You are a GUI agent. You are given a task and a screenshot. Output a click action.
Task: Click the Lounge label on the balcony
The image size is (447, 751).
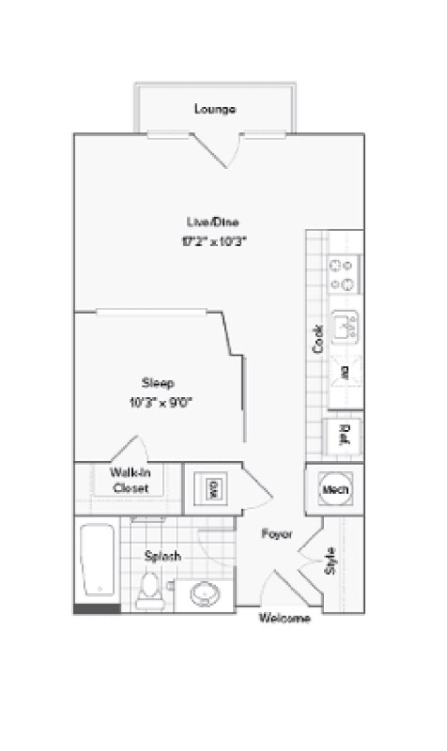coord(215,109)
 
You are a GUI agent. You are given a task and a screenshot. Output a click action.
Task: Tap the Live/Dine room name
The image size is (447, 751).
coord(212,222)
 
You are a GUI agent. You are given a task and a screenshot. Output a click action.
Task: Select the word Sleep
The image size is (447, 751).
coord(156,382)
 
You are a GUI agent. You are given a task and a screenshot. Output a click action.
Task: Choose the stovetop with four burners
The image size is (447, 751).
coord(342,273)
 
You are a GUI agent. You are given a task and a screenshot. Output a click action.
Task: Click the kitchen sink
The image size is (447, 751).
coord(344,325)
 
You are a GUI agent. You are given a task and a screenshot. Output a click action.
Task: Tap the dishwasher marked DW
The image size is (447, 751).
coord(344,373)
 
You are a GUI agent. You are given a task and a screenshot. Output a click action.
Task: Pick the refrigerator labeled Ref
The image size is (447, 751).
coord(344,434)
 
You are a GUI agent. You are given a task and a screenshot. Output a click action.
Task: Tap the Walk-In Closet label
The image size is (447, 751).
coord(131,482)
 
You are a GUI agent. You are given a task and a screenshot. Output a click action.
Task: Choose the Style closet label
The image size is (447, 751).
coord(330,560)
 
